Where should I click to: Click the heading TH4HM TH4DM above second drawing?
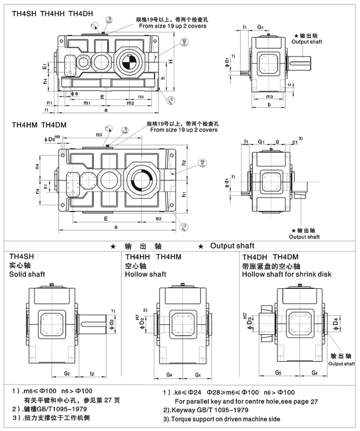tap(39, 125)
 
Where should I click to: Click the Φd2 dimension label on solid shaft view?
tap(112, 323)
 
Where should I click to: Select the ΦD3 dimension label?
tap(249, 321)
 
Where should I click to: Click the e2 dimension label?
tap(158, 219)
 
